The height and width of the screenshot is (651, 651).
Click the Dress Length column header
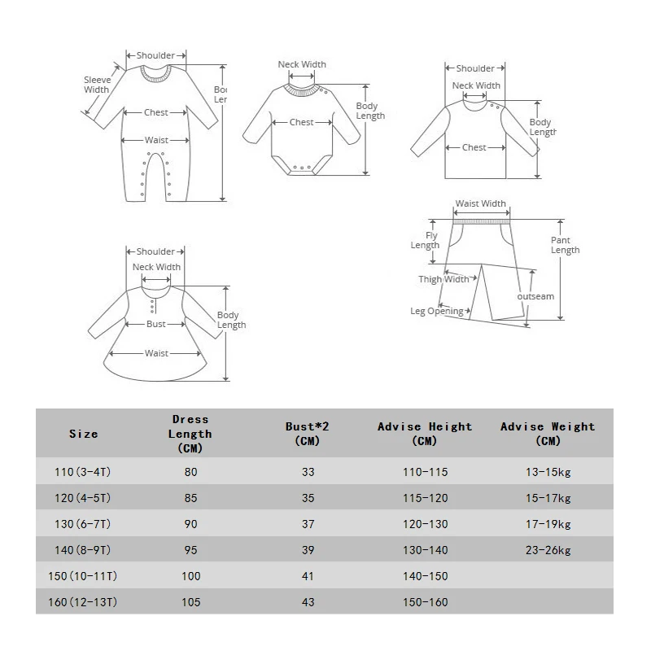click(191, 434)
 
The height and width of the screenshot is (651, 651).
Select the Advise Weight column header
click(548, 433)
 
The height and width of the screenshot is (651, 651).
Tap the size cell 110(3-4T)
click(83, 472)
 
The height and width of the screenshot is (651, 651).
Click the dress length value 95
click(191, 549)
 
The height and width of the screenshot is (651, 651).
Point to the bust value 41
click(308, 575)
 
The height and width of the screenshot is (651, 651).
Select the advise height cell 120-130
click(424, 524)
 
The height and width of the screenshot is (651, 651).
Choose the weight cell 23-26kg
click(548, 549)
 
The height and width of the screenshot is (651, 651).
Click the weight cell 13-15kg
click(548, 472)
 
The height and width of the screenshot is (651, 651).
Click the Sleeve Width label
click(97, 85)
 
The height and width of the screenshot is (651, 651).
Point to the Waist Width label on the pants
click(480, 204)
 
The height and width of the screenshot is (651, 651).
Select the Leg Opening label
click(437, 311)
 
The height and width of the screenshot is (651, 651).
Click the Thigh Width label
click(444, 279)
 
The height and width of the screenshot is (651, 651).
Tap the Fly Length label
click(425, 240)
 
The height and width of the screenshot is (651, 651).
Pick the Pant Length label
click(565, 245)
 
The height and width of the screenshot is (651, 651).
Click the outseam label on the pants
click(535, 296)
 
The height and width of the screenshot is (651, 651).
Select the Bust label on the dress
click(156, 324)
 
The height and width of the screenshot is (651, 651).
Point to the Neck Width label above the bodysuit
click(302, 65)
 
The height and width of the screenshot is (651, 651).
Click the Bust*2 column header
click(308, 433)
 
